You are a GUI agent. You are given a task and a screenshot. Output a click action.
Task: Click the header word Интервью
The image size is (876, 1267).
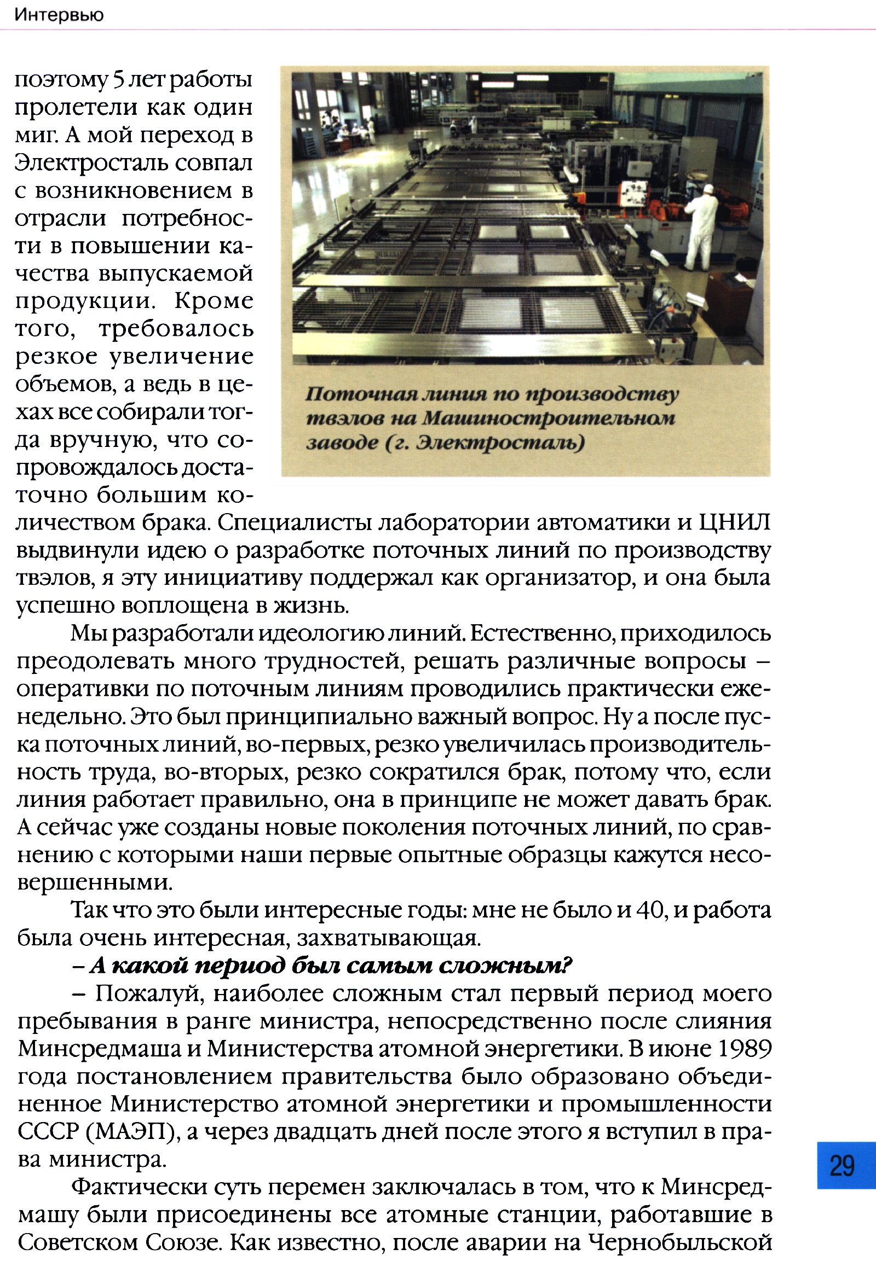point(59,15)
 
